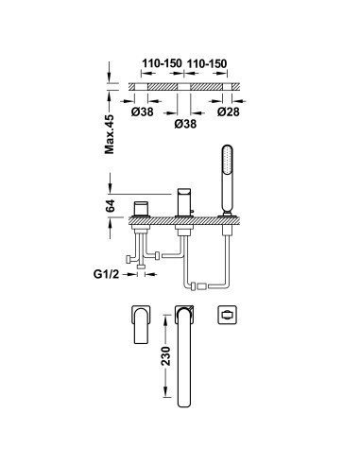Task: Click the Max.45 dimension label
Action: [x=110, y=134]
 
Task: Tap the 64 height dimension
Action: [x=110, y=206]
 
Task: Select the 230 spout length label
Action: [x=165, y=355]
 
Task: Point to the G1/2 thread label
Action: [x=106, y=274]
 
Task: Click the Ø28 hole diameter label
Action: [x=229, y=112]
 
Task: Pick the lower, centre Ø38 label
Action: [x=185, y=124]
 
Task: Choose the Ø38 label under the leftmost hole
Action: [x=143, y=112]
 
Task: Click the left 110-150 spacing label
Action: [x=162, y=63]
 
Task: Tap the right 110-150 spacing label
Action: [x=207, y=63]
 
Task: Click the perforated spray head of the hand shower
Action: [x=228, y=159]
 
